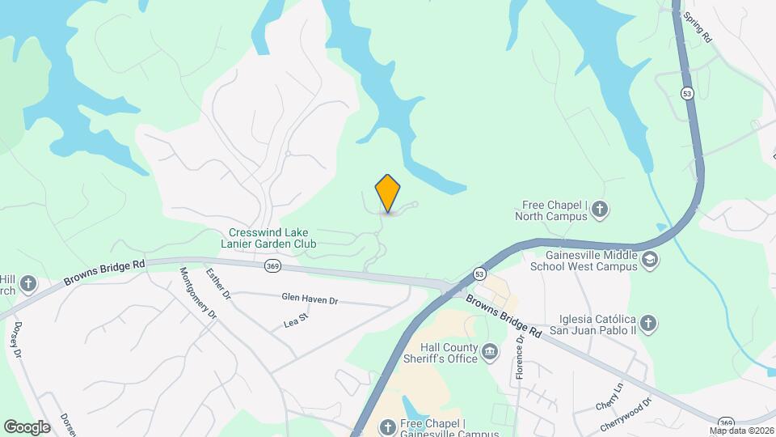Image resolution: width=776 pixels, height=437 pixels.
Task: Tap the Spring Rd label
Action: tap(696, 27)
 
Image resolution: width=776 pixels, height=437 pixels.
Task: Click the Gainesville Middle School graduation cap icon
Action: tap(650, 260)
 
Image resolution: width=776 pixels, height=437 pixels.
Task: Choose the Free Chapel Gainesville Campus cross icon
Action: tap(388, 426)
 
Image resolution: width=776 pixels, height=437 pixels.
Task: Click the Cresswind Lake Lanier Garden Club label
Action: tap(268, 237)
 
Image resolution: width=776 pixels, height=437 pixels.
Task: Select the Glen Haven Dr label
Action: tap(310, 299)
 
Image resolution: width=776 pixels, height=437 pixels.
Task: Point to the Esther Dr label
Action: tap(218, 284)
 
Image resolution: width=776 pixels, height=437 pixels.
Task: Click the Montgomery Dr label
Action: tap(198, 292)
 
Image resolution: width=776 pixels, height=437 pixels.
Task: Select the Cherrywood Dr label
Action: tap(626, 415)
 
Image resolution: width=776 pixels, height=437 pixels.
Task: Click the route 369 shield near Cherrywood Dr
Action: tap(727, 422)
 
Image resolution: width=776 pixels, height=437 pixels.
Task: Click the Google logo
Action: tap(27, 426)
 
